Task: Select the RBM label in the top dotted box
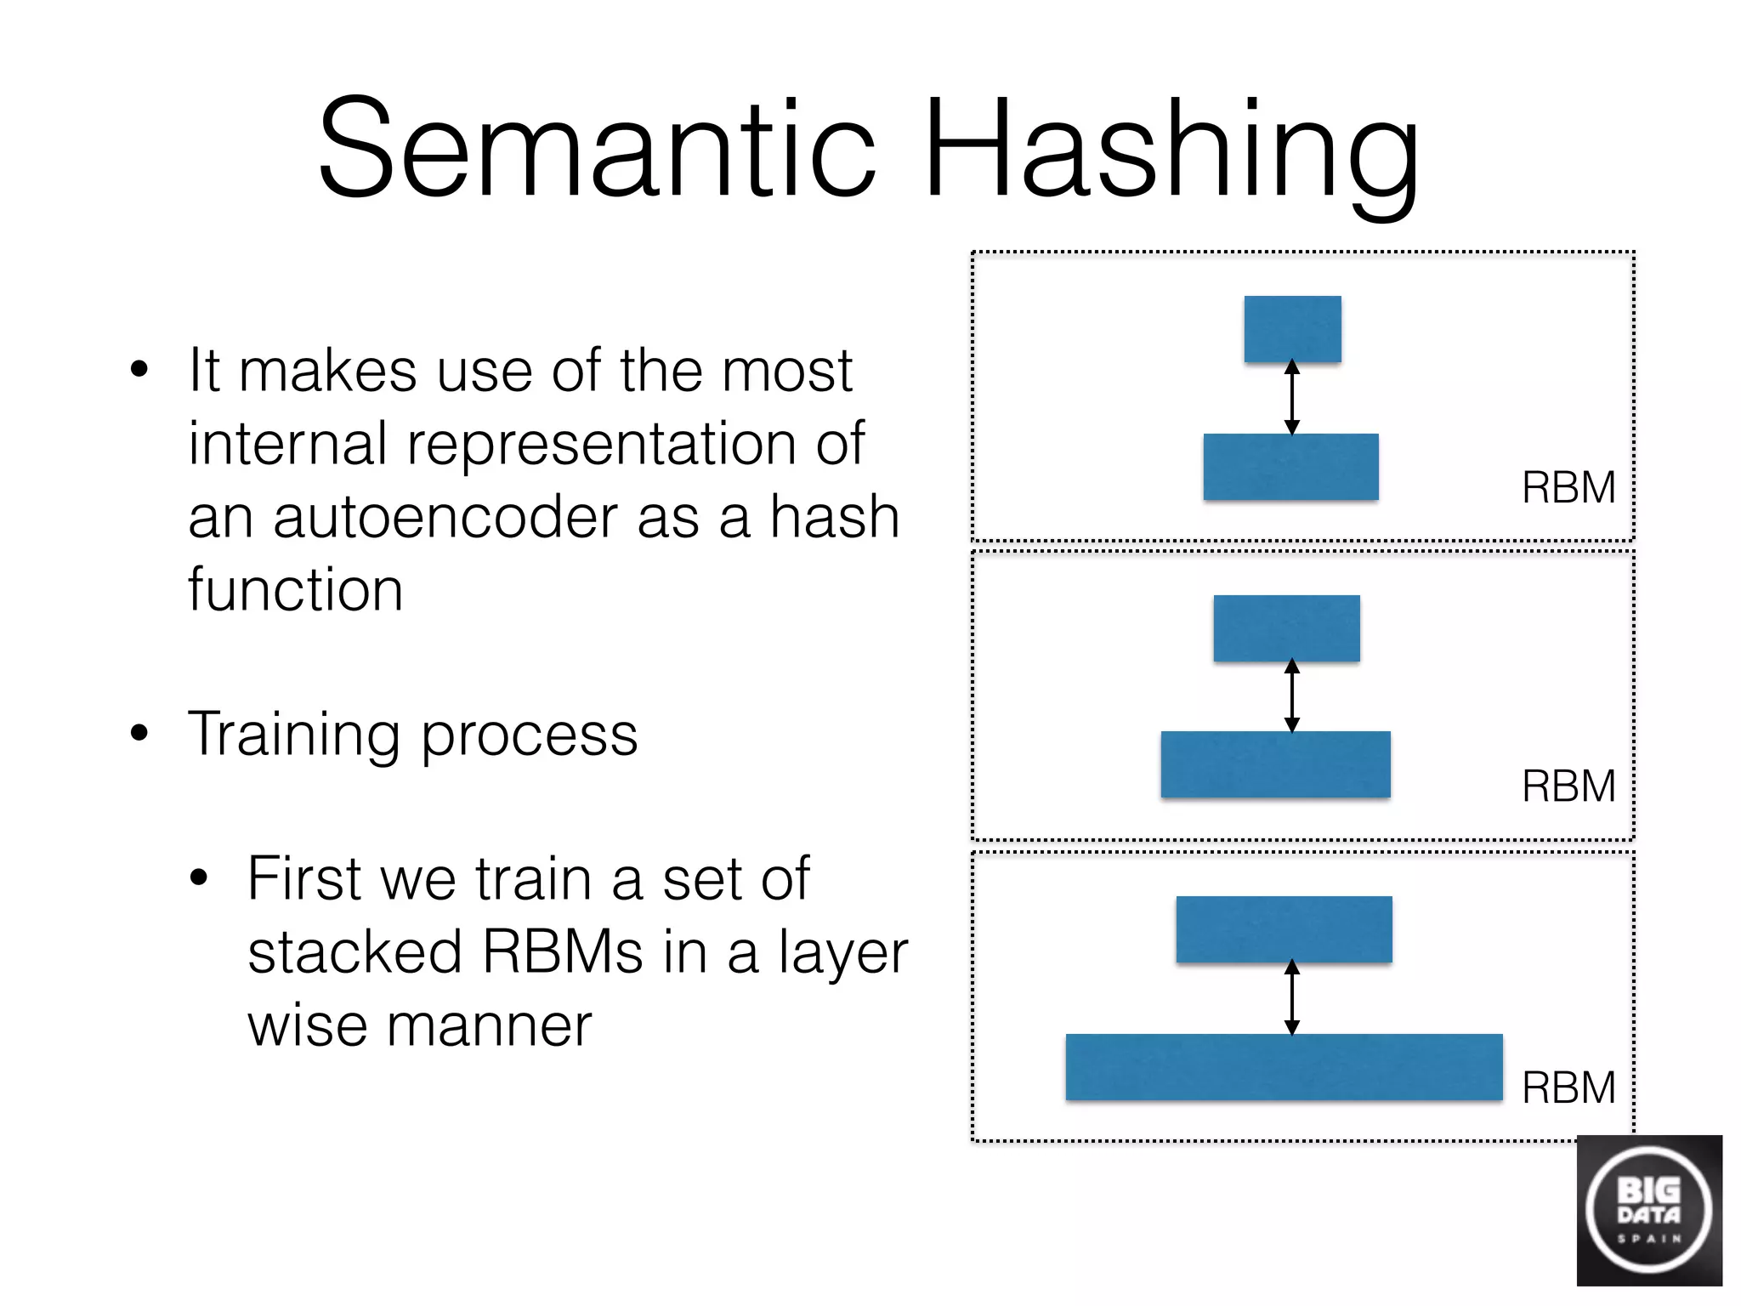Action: (1568, 488)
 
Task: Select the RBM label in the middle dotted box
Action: (1568, 786)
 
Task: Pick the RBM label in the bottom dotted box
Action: (1568, 1087)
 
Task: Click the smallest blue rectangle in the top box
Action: (1292, 329)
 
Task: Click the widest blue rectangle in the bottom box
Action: (1284, 1067)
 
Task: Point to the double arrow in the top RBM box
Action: (1292, 398)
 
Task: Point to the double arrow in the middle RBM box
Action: (1292, 696)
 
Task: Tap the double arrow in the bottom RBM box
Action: (1292, 997)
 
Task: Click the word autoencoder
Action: (445, 518)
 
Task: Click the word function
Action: (295, 590)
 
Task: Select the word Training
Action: (293, 736)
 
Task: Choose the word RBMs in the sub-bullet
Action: (563, 952)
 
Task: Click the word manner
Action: (489, 1025)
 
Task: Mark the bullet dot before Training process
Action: (139, 733)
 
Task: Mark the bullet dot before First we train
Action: (199, 878)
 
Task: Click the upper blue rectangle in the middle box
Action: (1286, 628)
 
